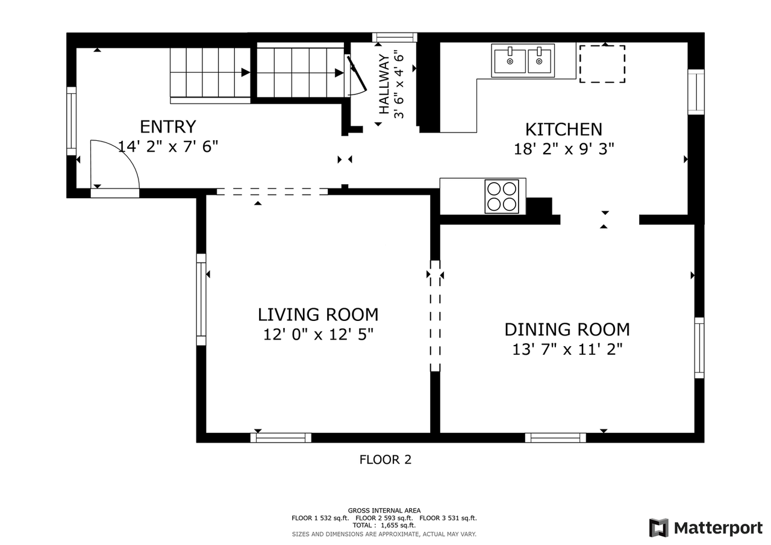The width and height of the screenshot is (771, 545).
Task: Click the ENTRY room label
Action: pos(167,127)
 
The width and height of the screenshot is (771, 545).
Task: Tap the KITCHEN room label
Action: pos(563,129)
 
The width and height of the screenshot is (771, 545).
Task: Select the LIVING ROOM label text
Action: pos(318,314)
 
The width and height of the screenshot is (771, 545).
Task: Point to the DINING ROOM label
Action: pos(567,329)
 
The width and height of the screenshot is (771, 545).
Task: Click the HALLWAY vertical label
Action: pos(384,84)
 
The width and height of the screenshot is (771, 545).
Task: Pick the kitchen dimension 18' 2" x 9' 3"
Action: pos(563,149)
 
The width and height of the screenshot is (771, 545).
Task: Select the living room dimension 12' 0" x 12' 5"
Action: pos(318,334)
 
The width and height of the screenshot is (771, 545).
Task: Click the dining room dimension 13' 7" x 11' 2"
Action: pos(567,349)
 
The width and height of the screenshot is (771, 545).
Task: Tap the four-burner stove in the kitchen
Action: pos(502,196)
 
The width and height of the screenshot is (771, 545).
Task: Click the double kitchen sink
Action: pos(523,61)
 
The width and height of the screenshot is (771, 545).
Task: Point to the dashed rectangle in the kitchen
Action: pos(602,63)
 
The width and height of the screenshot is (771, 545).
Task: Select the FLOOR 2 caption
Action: pos(385,459)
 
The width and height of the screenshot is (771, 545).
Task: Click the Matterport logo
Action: pos(706,528)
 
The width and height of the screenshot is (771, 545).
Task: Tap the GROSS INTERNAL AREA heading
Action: pos(384,510)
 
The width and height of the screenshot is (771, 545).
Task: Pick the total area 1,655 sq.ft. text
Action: pos(384,525)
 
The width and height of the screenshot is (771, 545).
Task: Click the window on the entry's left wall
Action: pos(71,120)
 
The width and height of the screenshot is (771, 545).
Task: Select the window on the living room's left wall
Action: pos(201,299)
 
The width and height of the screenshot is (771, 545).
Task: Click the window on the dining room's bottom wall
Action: pos(555,438)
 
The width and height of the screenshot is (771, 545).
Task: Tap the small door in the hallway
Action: pos(357,75)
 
